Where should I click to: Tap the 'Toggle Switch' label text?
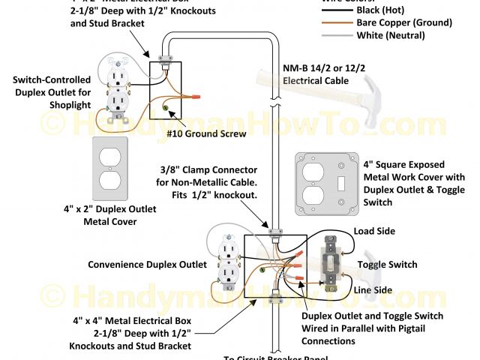[x=387, y=265]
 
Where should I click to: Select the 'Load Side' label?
[x=374, y=232]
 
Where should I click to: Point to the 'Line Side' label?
[x=373, y=290]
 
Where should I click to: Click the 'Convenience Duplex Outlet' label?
[x=147, y=265]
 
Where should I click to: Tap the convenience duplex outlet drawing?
[x=228, y=263]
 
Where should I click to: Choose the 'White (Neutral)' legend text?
[x=401, y=34]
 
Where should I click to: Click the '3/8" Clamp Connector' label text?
[x=206, y=170]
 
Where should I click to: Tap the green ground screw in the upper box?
[x=164, y=109]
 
